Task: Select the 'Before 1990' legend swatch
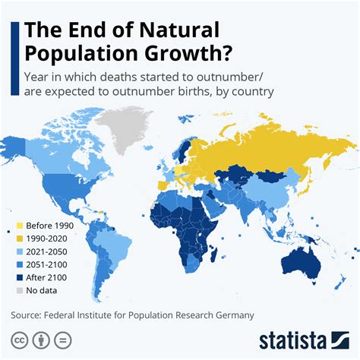[x=18, y=226]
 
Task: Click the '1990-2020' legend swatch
[x=18, y=239]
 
